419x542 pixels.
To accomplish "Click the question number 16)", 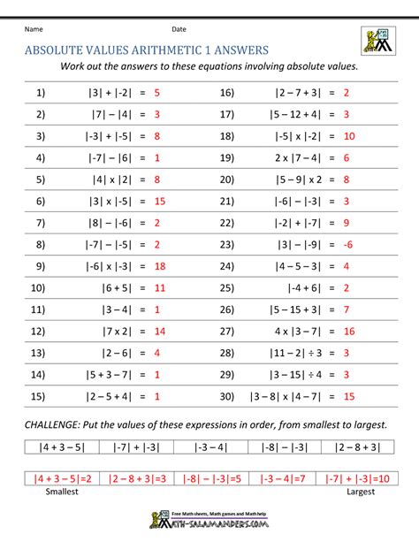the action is pos(226,92).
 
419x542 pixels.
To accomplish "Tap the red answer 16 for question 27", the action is pos(348,331).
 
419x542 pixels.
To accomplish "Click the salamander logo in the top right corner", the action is pos(377,40).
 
